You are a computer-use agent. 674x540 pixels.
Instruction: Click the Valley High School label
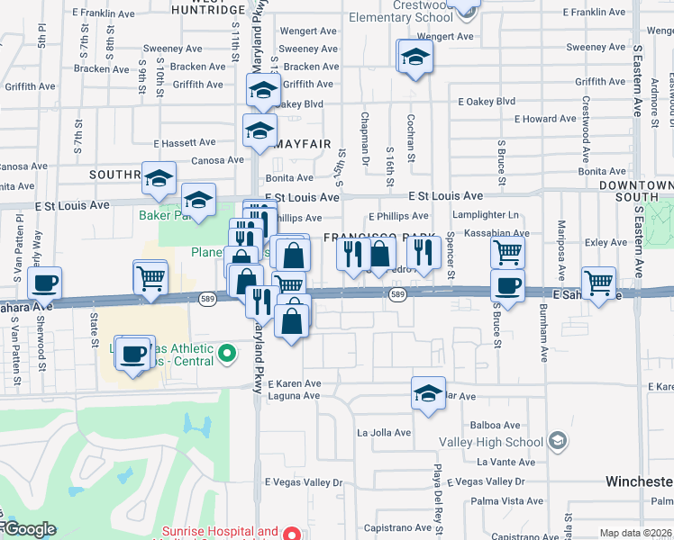(x=490, y=442)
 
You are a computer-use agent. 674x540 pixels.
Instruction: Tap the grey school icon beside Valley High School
(x=558, y=440)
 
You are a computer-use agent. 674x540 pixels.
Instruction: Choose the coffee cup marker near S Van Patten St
(x=43, y=283)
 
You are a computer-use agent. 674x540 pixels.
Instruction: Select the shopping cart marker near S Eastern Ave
(x=598, y=283)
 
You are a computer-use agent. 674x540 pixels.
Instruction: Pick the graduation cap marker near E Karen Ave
(x=428, y=391)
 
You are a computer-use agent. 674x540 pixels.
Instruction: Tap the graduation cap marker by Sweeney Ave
(x=414, y=56)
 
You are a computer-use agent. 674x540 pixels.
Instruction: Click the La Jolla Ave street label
(x=384, y=433)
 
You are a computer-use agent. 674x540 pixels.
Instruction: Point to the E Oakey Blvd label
(x=487, y=102)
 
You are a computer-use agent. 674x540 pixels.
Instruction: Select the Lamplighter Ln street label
(x=487, y=215)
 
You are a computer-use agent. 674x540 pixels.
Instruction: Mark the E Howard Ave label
(x=545, y=119)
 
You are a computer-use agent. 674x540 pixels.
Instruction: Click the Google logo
(x=29, y=529)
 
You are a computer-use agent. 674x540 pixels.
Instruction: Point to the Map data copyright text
(x=636, y=533)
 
